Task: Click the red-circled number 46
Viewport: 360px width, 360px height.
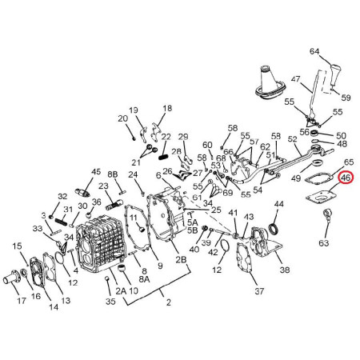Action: (x=346, y=178)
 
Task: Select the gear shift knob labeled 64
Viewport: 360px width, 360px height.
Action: (x=334, y=75)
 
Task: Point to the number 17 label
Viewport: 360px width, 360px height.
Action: (x=22, y=301)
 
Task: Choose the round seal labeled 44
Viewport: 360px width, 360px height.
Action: (x=274, y=229)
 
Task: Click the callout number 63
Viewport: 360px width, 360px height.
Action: (x=324, y=243)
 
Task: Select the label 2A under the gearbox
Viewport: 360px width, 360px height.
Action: (x=121, y=290)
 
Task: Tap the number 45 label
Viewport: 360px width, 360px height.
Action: (x=96, y=171)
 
